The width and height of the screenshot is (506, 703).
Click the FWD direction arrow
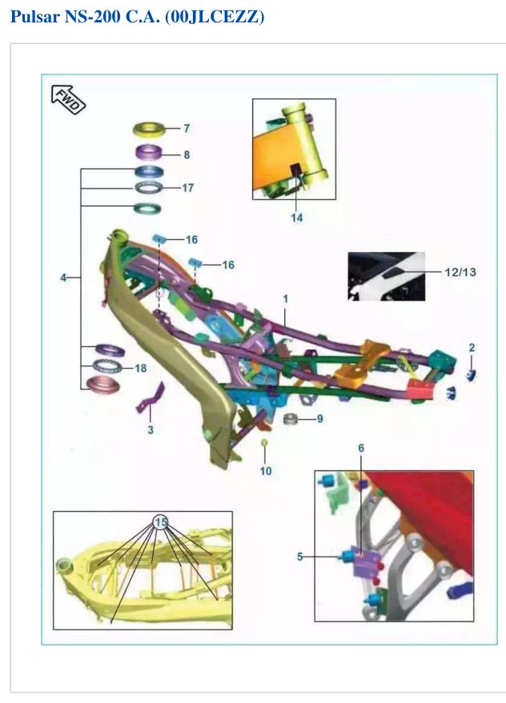pos(68,99)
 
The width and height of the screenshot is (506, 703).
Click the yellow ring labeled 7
pos(149,130)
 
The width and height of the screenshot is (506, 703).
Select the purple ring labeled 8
pos(150,151)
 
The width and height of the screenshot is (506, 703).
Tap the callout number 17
pos(187,188)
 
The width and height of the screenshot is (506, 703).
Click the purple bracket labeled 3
pos(151,398)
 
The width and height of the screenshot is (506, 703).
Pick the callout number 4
pos(63,278)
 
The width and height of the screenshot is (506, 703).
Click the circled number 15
pos(160,522)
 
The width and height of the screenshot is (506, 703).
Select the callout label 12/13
pos(460,272)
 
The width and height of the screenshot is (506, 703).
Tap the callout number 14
pos(297,218)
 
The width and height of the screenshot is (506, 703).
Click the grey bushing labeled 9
pos(291,419)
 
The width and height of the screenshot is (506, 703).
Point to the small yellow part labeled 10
pos(265,443)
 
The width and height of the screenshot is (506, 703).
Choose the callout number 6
pos(361,448)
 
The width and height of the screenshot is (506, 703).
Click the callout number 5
pos(300,557)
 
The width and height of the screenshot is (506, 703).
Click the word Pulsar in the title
pos(35,17)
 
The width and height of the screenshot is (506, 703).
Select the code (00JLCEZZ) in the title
pos(215,17)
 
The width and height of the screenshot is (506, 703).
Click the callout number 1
pos(286,299)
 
